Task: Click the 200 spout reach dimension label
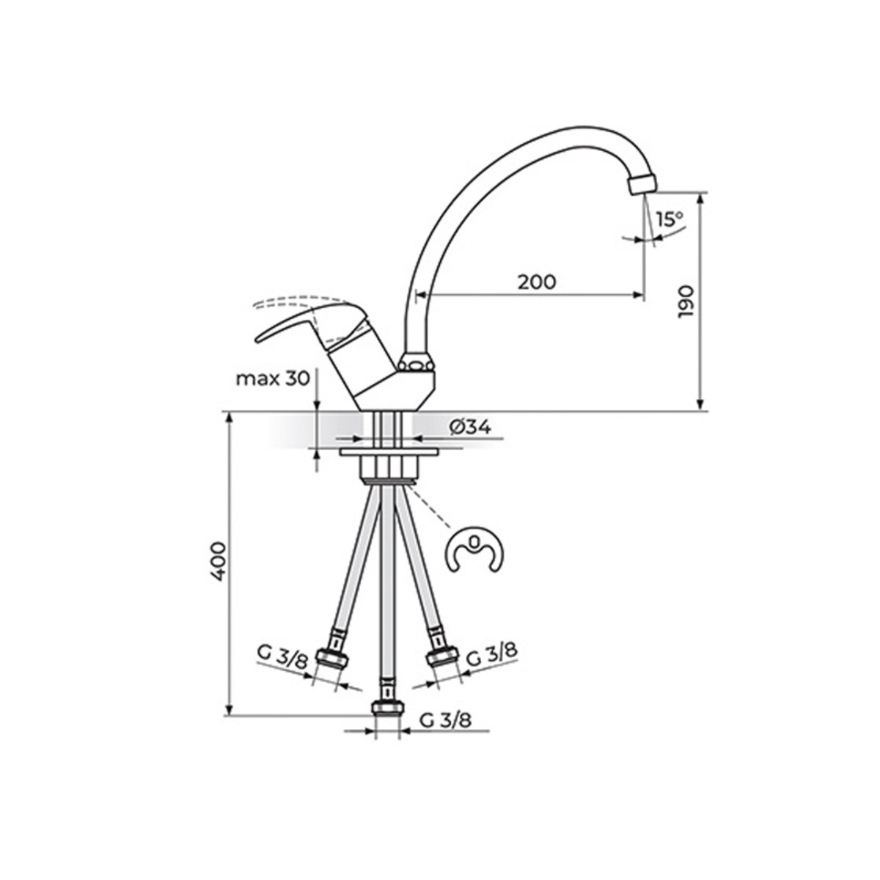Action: (x=537, y=282)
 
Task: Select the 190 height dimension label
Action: (x=686, y=303)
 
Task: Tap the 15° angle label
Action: (x=670, y=220)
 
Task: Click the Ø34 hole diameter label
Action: (x=470, y=427)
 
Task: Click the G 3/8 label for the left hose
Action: (x=283, y=664)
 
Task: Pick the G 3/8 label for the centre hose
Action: (x=445, y=721)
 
